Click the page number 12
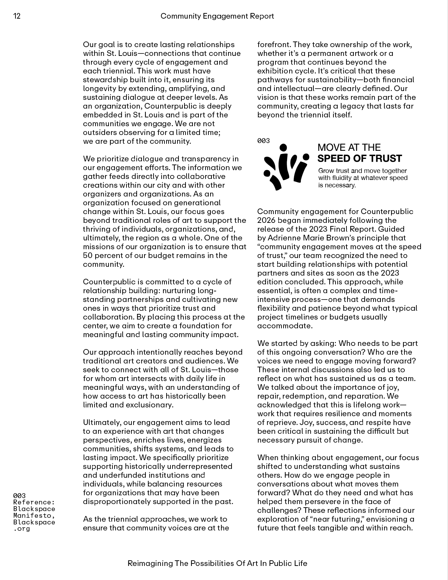tap(17, 16)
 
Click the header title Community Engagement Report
tap(217, 16)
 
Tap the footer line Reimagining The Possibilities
tap(217, 563)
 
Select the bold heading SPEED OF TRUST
tap(359, 159)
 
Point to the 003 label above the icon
tap(264, 141)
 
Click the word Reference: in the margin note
tap(34, 502)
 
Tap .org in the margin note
tap(21, 529)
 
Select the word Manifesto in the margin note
tap(33, 516)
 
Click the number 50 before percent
tap(88, 256)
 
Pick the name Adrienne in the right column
tap(284, 238)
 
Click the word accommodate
tap(284, 326)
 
